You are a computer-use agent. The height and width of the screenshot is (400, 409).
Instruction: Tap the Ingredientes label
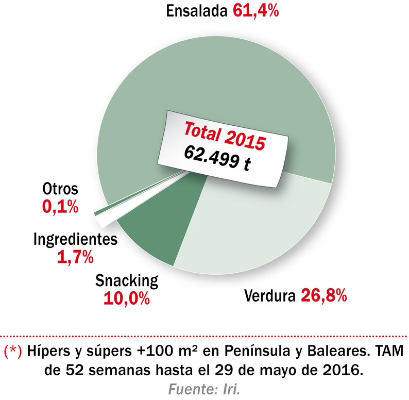pos(75,240)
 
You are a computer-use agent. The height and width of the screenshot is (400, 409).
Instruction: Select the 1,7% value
pos(75,256)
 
